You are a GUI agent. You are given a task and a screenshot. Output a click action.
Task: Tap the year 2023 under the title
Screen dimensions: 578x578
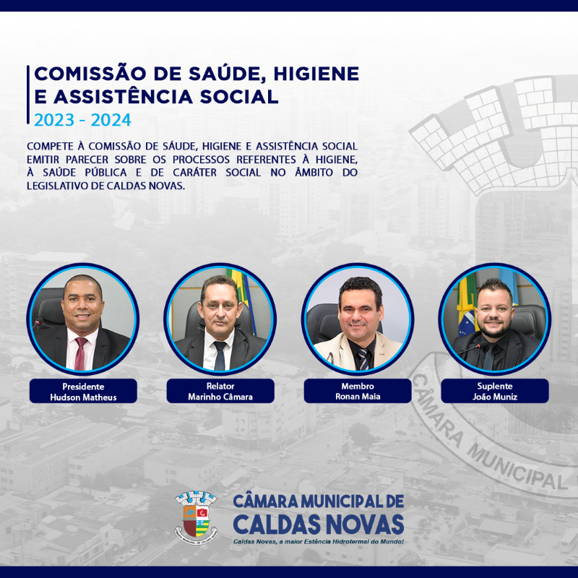[x=54, y=120]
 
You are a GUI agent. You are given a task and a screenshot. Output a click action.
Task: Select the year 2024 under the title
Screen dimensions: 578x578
[x=111, y=120]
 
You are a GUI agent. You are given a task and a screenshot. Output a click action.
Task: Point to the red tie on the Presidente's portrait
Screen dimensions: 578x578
[x=80, y=353]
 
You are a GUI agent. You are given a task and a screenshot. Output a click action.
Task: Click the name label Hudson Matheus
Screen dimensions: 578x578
[x=83, y=397]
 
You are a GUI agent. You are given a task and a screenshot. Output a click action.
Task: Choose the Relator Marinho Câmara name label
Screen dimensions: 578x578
[x=220, y=391]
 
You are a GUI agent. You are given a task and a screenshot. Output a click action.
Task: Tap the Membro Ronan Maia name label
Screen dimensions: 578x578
[x=358, y=391]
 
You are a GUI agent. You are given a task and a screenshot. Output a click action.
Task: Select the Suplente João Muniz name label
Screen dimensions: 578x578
[x=495, y=391]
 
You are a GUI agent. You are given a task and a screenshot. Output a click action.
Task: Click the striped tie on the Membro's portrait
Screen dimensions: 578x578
[x=363, y=359]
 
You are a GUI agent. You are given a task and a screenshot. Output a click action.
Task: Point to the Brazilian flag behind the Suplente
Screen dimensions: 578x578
[x=466, y=305]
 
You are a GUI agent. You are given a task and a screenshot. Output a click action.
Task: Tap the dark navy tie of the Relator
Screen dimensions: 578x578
[x=220, y=355]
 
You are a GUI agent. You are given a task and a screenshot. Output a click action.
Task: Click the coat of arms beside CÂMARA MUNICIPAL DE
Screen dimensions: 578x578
[x=196, y=517]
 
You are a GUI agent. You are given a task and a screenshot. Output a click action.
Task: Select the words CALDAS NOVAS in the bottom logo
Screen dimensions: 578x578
[x=319, y=524]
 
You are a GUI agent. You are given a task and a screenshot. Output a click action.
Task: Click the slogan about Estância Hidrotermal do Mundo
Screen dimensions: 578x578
[x=319, y=541]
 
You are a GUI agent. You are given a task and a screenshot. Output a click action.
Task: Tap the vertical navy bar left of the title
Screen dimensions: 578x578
[x=28, y=95]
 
